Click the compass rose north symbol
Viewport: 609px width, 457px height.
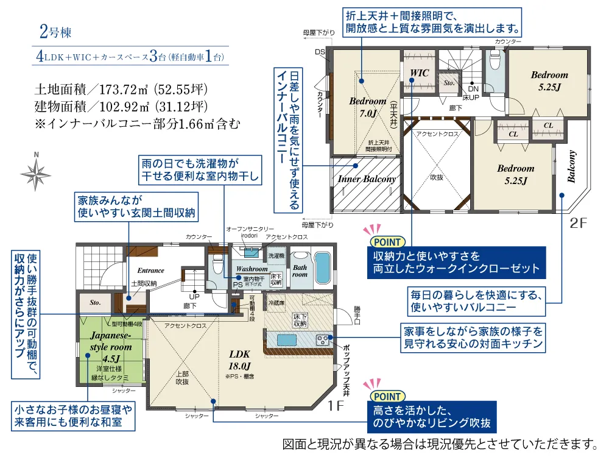(x=37, y=171)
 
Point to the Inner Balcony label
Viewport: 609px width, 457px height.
(x=367, y=179)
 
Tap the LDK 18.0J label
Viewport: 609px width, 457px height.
(x=240, y=360)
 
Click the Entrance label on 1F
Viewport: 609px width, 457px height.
(x=150, y=271)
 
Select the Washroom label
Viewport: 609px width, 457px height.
(x=252, y=269)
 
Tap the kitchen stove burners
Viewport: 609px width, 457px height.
(x=322, y=338)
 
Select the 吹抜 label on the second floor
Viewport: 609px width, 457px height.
(x=437, y=178)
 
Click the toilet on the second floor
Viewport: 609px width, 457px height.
(x=495, y=60)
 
